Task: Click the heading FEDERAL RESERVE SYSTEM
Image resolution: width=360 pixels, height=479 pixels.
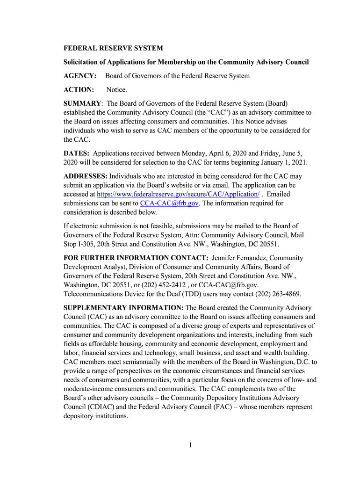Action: (x=113, y=48)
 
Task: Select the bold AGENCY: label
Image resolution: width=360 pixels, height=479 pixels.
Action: (x=80, y=76)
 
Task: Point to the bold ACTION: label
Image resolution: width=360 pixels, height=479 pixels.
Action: (x=79, y=89)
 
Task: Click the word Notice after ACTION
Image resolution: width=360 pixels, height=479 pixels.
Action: (x=116, y=89)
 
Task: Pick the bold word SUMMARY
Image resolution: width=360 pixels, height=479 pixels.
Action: (x=82, y=103)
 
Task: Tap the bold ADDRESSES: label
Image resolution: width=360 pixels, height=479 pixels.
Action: (x=86, y=176)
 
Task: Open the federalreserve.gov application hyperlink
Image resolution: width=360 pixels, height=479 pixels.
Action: (x=178, y=194)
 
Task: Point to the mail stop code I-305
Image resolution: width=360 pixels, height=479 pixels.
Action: (x=88, y=244)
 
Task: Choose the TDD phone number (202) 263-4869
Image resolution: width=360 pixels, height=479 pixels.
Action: (x=277, y=294)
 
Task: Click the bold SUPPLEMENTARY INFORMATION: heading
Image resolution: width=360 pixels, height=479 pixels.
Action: (x=123, y=308)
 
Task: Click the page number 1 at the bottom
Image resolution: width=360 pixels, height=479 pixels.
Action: (x=191, y=445)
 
